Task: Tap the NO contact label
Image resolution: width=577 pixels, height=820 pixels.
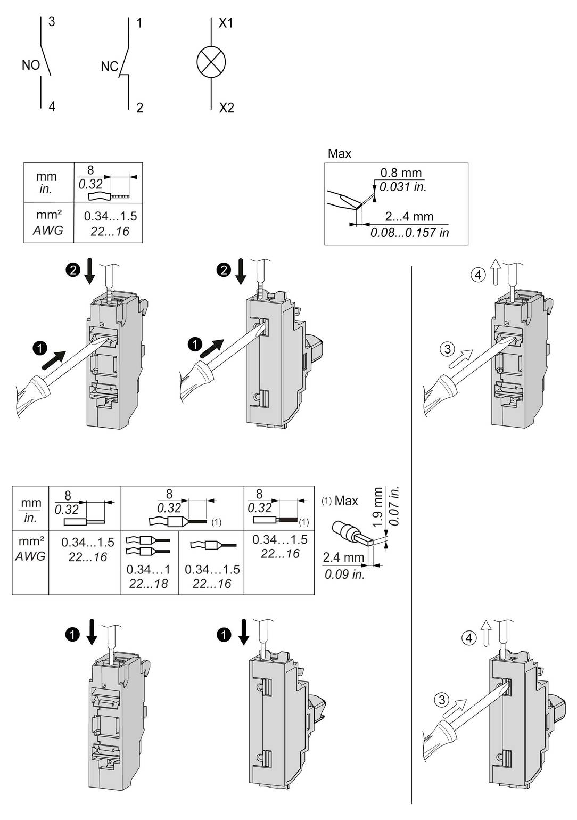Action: (x=31, y=65)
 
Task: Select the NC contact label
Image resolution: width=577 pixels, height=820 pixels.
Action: (x=109, y=67)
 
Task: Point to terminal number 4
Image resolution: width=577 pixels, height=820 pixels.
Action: (x=52, y=106)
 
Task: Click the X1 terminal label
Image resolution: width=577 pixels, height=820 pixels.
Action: (x=226, y=23)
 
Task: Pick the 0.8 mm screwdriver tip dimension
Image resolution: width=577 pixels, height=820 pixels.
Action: (x=401, y=173)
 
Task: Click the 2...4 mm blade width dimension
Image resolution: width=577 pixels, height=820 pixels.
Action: (x=409, y=217)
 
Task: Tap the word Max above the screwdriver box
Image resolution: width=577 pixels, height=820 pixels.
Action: (x=339, y=154)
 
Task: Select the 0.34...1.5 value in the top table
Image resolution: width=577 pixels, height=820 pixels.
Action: (x=110, y=216)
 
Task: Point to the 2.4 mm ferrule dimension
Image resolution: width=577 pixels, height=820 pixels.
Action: (x=343, y=557)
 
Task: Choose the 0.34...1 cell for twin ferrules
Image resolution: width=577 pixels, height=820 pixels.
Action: (x=149, y=570)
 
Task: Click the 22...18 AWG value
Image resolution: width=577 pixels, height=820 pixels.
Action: (x=149, y=584)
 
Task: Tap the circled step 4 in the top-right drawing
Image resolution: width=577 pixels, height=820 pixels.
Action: (x=478, y=275)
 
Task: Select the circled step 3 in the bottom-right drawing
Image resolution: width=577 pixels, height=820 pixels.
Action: (x=441, y=700)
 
